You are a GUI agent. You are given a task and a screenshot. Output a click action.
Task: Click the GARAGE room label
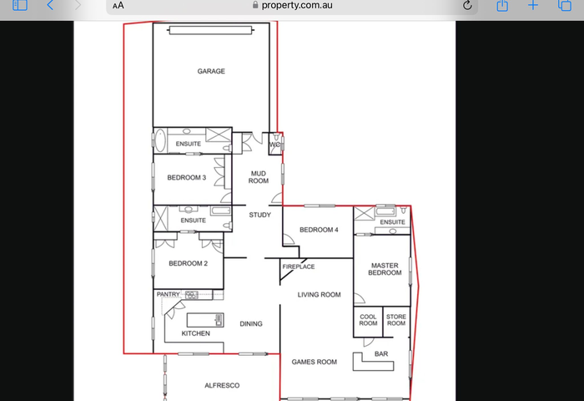[211, 71]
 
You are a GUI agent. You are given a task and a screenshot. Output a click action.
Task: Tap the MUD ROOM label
[259, 177]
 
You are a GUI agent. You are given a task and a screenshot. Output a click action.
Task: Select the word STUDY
[260, 215]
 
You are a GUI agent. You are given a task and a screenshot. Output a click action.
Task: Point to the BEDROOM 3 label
[187, 178]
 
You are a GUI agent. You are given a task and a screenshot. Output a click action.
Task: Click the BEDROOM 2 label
[188, 263]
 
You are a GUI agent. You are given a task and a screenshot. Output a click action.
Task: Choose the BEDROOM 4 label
[319, 230]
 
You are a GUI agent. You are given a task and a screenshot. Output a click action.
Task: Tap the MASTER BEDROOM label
[385, 269]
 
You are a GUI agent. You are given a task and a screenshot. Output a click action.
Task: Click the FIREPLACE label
[299, 266]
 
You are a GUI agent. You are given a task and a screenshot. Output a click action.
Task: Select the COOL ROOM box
[368, 322]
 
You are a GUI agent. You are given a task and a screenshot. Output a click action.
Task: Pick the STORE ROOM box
[396, 322]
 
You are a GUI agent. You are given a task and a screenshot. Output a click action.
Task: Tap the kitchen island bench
[205, 320]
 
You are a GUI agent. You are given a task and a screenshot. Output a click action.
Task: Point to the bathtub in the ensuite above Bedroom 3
[160, 140]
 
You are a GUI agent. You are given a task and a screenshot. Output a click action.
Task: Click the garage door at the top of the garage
[211, 30]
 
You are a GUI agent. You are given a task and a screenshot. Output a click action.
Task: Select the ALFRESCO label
[222, 385]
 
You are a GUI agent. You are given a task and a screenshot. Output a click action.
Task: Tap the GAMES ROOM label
[315, 362]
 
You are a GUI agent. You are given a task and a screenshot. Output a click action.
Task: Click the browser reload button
[467, 5]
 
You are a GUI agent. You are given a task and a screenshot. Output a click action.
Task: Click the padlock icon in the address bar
[255, 4]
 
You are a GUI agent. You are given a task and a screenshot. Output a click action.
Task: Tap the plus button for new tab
[533, 5]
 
